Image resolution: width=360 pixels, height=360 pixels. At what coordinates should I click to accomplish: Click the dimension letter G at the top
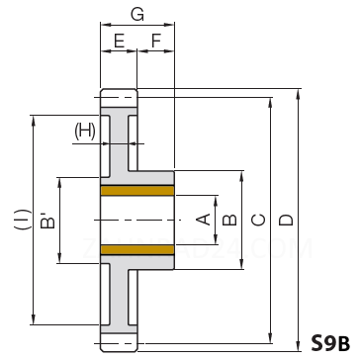(137, 14)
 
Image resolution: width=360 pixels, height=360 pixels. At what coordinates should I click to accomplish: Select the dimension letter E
(119, 42)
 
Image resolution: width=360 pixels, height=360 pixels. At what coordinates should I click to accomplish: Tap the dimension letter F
(156, 42)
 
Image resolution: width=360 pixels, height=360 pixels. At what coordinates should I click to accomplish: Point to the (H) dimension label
(85, 131)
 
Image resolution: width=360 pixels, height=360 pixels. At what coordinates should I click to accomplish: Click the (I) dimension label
(23, 220)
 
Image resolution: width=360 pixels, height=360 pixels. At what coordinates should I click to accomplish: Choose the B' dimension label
(47, 221)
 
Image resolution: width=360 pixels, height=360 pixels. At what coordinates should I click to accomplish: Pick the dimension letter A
(203, 220)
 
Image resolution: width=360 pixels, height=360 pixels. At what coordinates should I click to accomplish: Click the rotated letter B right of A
(229, 220)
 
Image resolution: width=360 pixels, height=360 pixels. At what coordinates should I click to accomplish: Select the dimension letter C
(258, 220)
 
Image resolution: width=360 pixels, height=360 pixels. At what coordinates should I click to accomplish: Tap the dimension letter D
(286, 220)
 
